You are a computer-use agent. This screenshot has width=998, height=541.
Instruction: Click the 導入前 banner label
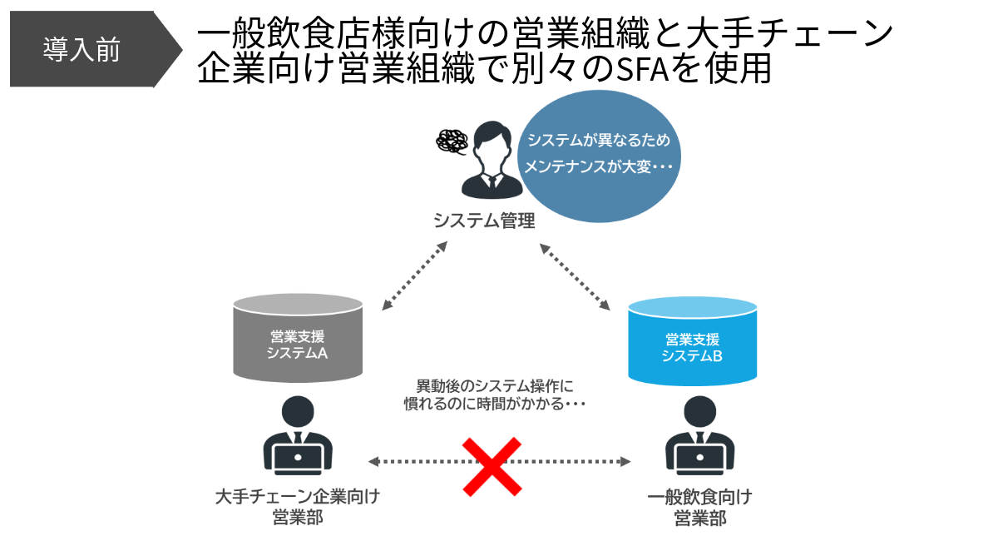(82, 50)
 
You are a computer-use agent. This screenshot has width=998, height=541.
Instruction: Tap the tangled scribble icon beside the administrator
(453, 142)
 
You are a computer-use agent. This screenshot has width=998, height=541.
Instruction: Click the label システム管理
(484, 221)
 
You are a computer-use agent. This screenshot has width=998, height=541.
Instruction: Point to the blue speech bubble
(599, 158)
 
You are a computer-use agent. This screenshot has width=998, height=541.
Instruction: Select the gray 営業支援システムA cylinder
(297, 337)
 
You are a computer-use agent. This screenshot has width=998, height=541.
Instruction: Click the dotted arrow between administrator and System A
(415, 275)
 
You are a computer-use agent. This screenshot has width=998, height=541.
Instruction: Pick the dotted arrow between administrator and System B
(575, 277)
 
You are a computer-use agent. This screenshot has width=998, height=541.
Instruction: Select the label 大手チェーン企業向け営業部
(297, 507)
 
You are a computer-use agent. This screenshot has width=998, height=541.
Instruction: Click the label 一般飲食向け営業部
(699, 508)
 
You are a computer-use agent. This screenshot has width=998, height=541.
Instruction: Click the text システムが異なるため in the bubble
(599, 140)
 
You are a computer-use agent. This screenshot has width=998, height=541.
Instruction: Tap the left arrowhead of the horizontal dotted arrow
(373, 460)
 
